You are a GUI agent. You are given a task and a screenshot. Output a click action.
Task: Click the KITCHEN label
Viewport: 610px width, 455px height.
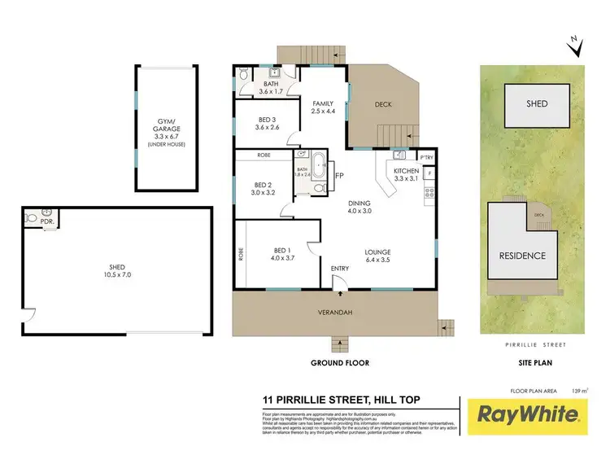pos(406,171)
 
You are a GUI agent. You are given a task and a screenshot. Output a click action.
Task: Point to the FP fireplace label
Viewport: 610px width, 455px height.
pos(340,174)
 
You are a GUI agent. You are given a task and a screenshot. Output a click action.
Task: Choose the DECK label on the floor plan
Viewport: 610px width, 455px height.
pos(384,104)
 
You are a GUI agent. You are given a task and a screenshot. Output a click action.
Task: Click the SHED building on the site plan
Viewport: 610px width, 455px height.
pos(536,104)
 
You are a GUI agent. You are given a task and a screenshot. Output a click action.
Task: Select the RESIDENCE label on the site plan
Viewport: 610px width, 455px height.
pos(522,256)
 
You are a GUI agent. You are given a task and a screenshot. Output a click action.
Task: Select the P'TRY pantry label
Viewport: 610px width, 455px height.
pos(425,156)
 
